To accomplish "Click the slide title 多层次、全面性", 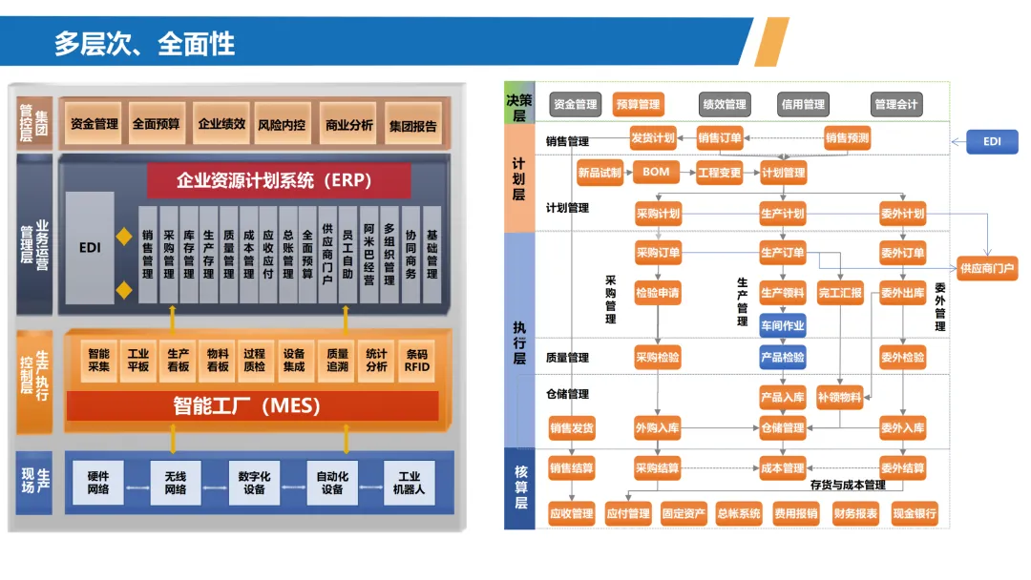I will [x=144, y=43].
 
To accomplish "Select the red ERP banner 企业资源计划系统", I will [x=279, y=179].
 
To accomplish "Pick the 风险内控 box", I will [x=282, y=124].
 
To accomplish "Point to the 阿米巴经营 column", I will [x=369, y=254].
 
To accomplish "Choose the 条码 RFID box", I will [x=416, y=360].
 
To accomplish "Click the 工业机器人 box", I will [x=410, y=483].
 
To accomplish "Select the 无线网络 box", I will [x=176, y=483].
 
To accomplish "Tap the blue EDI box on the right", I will [x=992, y=141].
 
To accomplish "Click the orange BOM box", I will [x=656, y=173].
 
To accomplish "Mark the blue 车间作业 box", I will [x=782, y=325].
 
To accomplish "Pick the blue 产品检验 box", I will [x=782, y=358].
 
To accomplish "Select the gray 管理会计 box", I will [x=896, y=104].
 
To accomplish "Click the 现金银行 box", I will [x=915, y=513].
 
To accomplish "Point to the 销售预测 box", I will [x=847, y=138].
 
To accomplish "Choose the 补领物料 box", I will [x=840, y=397].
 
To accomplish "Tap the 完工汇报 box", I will [x=840, y=292].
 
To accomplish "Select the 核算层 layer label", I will [x=520, y=487].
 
